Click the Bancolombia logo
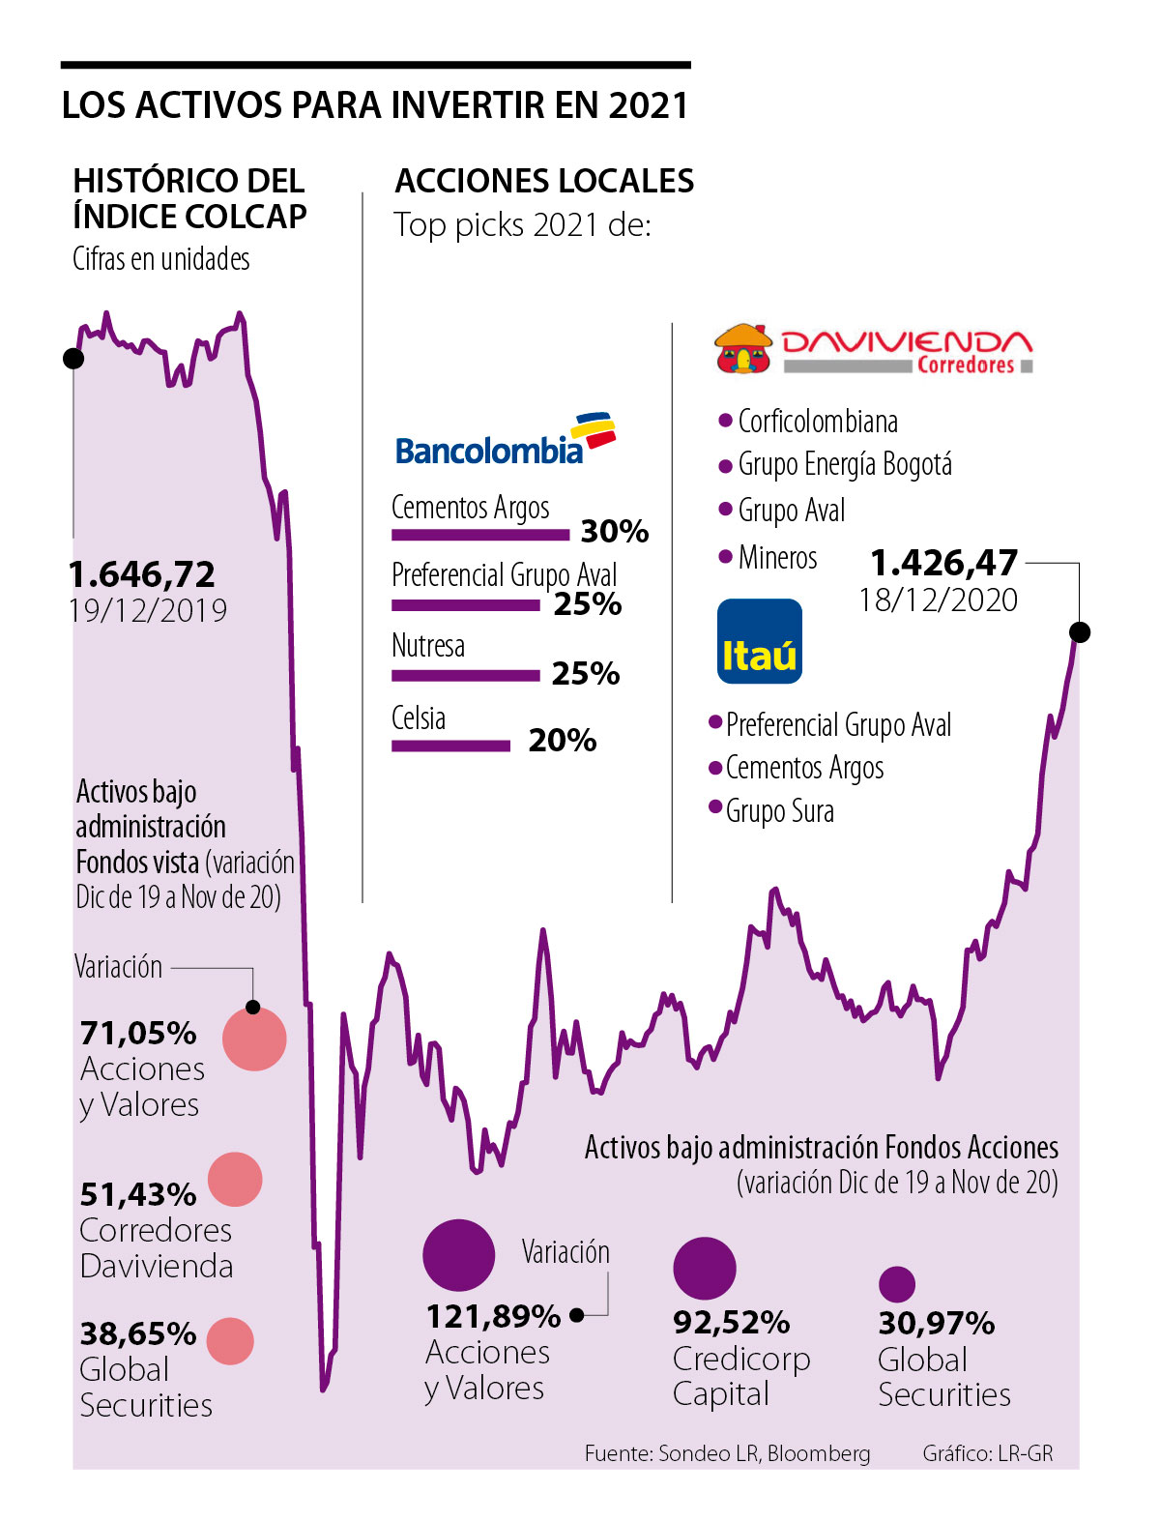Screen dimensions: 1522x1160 (505, 442)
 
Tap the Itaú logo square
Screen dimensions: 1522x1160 (760, 642)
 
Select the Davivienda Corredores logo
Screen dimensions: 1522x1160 (874, 350)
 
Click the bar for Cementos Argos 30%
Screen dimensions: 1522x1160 (480, 535)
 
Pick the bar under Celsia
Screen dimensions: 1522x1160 (450, 746)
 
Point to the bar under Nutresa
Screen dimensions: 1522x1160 (465, 676)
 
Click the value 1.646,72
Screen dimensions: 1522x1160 (142, 575)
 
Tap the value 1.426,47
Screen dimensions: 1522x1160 (943, 563)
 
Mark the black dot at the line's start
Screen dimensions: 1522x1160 (73, 359)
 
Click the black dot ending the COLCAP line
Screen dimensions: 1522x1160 (1081, 632)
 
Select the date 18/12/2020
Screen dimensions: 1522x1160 (938, 600)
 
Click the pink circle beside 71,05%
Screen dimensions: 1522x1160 (254, 1039)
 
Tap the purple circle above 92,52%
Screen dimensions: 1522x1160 (705, 1268)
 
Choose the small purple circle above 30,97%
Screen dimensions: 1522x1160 (897, 1284)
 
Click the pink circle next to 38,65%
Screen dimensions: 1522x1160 (231, 1341)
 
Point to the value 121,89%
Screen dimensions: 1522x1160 (493, 1317)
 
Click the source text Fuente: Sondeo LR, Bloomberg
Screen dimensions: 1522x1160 (727, 1453)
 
